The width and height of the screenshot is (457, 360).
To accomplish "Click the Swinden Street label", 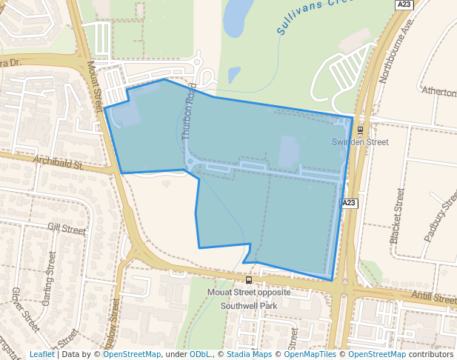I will [359, 141].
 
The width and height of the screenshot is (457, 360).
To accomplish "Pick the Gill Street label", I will [67, 230].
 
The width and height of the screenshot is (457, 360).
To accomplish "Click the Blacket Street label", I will [397, 216].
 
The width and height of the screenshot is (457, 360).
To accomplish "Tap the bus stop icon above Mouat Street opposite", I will [249, 281].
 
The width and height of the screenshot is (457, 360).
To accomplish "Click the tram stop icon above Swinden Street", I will [359, 130].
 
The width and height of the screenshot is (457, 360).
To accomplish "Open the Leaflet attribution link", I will [41, 354].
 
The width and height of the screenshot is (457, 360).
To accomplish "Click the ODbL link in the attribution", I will [200, 354].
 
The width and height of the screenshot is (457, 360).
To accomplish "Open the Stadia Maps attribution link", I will [249, 354].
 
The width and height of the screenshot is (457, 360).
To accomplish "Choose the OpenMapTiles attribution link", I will [313, 354].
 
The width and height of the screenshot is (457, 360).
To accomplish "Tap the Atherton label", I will [438, 91].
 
